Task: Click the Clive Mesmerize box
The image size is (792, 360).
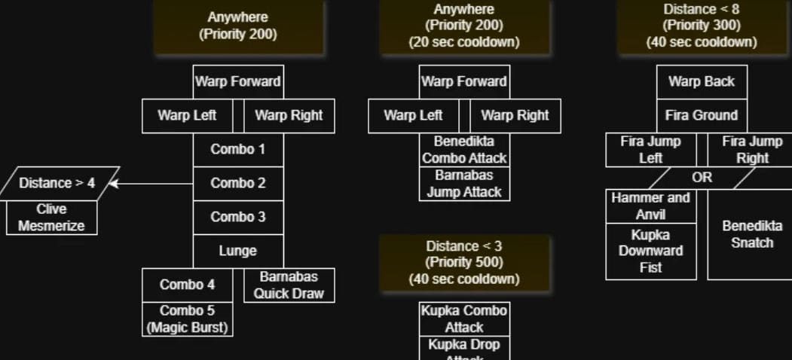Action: point(51,217)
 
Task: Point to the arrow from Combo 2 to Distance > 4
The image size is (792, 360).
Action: point(154,183)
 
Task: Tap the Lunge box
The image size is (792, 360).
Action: point(238,251)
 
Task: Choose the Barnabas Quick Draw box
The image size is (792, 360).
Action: point(289,285)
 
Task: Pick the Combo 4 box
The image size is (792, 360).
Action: point(187,285)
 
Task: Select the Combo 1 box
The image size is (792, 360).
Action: point(238,149)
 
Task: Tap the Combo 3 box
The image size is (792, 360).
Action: point(238,217)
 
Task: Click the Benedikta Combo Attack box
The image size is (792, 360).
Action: point(464,149)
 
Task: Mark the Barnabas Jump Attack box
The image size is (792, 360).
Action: point(464,183)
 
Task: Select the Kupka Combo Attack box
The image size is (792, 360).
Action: point(464,319)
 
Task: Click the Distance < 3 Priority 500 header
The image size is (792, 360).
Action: point(464,262)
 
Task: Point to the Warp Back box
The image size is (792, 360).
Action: point(702,81)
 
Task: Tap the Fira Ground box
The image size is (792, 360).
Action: point(702,115)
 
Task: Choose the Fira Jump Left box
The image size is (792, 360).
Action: point(651,149)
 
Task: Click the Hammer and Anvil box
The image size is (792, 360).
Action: point(651,206)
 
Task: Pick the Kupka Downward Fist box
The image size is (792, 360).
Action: point(651,251)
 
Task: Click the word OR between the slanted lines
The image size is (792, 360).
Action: point(702,178)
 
